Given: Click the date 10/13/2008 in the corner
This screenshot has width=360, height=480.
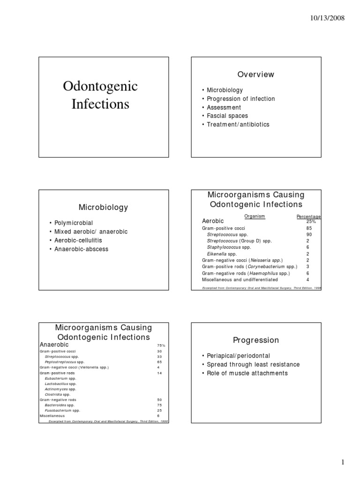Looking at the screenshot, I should tap(327, 18).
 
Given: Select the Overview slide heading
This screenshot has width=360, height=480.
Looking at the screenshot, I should tap(255, 75).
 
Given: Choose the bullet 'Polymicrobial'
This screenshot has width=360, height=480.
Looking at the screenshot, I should tap(76, 223).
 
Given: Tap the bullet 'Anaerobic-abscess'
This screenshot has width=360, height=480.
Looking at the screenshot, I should tap(81, 249).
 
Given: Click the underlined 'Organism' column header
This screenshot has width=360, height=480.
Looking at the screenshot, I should tap(255, 216).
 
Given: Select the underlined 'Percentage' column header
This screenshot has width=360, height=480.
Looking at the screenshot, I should tap(308, 217).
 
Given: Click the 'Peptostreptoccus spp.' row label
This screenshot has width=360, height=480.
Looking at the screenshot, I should tap(65, 362).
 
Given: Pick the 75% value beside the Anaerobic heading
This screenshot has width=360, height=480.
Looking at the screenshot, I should tap(161, 345).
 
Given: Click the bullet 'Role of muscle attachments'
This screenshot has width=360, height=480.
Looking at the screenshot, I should tap(247, 373).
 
